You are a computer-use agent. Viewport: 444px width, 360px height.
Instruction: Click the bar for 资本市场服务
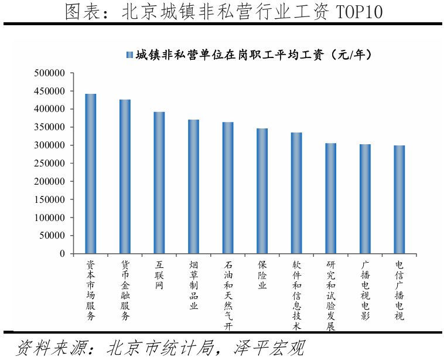click(x=91, y=174)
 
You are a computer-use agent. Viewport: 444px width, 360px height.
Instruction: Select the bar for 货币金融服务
click(x=125, y=176)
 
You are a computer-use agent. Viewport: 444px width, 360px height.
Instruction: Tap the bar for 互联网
click(x=159, y=183)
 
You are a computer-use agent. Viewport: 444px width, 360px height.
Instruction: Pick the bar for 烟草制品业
click(x=193, y=186)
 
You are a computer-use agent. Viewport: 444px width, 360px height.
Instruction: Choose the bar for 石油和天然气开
click(x=228, y=188)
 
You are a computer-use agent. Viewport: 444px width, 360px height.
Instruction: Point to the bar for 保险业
click(x=262, y=191)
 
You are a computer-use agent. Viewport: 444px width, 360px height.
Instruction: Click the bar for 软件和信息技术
click(x=296, y=193)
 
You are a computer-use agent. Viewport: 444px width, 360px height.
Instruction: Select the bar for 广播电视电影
click(x=365, y=199)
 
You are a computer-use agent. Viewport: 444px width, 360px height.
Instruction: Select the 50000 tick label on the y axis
click(x=53, y=235)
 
